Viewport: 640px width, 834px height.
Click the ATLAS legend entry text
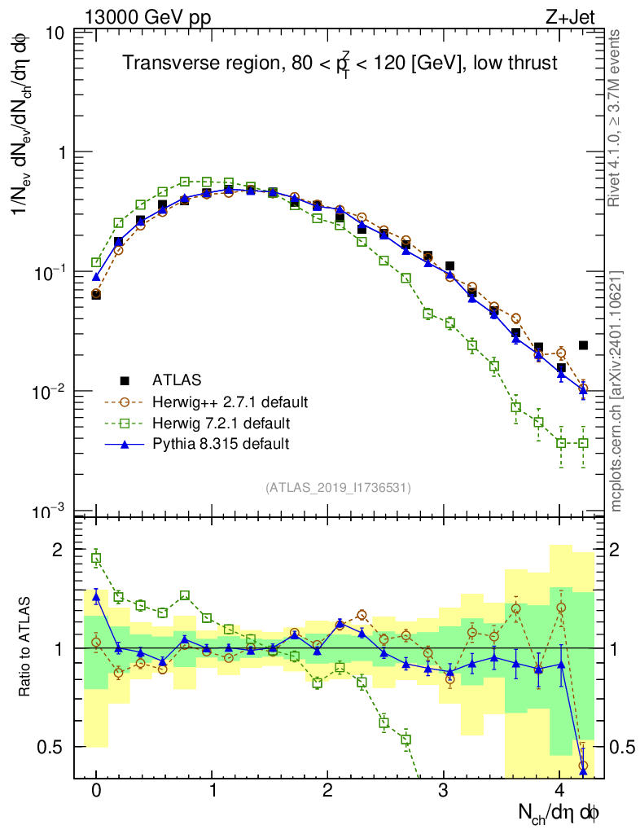click(176, 380)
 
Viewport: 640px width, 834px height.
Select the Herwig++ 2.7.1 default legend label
click(230, 402)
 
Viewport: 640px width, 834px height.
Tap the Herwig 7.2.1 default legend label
click(221, 424)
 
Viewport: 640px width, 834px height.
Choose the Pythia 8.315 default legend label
click(221, 444)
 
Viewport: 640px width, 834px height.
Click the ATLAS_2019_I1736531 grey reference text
click(338, 488)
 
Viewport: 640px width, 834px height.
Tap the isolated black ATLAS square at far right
click(583, 345)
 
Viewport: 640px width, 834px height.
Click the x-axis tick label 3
click(444, 791)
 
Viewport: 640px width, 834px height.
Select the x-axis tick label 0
click(96, 791)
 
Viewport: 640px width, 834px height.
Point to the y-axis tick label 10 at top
click(56, 34)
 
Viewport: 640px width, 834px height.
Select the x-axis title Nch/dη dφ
click(559, 813)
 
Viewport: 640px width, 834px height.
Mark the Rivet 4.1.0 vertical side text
click(616, 118)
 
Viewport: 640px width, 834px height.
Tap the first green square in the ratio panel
click(96, 558)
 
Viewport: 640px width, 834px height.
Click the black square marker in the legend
click(125, 380)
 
